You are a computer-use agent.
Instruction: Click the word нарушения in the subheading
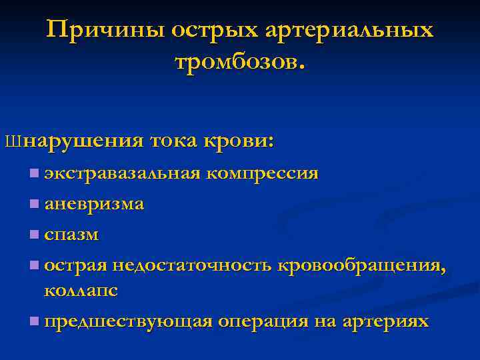coord(86,142)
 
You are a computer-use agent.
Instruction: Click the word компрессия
coord(262,175)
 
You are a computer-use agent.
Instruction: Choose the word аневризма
coord(93,204)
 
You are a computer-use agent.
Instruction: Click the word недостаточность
coord(192,265)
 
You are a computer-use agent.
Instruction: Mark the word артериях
coord(385,322)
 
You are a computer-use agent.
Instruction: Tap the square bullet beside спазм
coord(34,235)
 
